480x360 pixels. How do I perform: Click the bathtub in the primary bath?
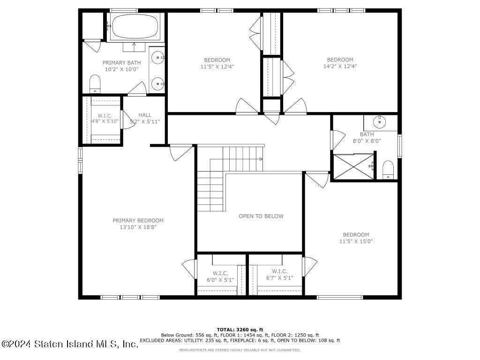tap(135, 26)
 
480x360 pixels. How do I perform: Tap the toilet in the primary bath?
tap(95, 84)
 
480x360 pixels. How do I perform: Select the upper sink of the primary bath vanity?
tap(159, 58)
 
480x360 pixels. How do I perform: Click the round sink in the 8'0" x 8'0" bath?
tap(380, 122)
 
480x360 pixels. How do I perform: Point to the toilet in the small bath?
tap(388, 170)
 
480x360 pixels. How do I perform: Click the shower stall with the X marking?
tap(354, 166)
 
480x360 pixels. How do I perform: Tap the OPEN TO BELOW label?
tap(261, 216)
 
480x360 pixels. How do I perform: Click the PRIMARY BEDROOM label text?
tap(138, 220)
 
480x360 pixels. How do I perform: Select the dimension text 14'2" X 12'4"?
tap(340, 66)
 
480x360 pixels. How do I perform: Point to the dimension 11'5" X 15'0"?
tap(356, 241)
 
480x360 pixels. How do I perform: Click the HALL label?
tap(145, 115)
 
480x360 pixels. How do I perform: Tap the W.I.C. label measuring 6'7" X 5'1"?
tap(279, 271)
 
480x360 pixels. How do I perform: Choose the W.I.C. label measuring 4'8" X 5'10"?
tap(105, 115)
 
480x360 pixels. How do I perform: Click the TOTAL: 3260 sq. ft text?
tap(240, 330)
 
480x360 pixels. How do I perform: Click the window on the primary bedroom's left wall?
tap(80, 160)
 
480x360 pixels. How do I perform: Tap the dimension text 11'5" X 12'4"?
tap(217, 66)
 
